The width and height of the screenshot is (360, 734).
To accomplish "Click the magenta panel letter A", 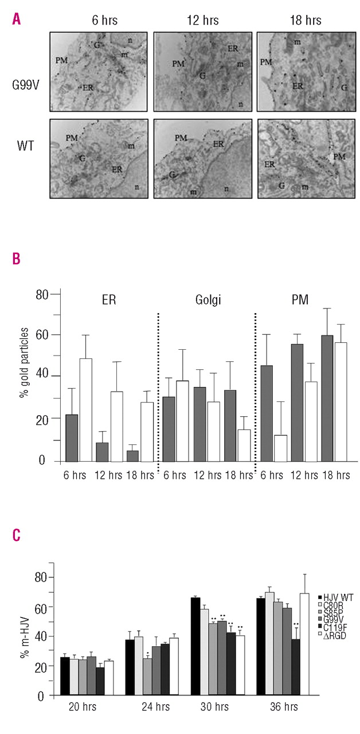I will click(17, 19).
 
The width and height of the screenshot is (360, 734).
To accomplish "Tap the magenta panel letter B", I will click(17, 259).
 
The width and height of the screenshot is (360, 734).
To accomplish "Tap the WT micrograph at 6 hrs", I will click(98, 158).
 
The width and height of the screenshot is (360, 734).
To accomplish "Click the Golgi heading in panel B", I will click(205, 300).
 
